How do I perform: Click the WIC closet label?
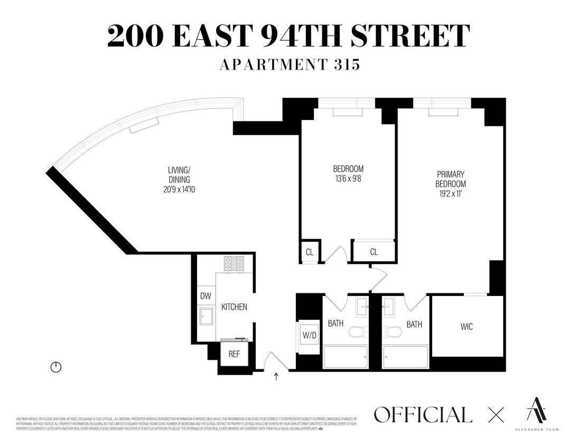[467, 327]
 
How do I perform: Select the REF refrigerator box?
[234, 354]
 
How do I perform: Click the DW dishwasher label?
[205, 296]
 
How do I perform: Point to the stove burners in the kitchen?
[234, 263]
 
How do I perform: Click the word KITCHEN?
[234, 307]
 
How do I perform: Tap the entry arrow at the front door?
[276, 376]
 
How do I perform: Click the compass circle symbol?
[56, 367]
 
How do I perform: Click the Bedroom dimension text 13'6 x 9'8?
[348, 179]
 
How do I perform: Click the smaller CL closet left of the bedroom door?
[310, 253]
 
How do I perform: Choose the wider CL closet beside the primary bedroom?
[374, 252]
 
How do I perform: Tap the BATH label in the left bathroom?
[336, 323]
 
